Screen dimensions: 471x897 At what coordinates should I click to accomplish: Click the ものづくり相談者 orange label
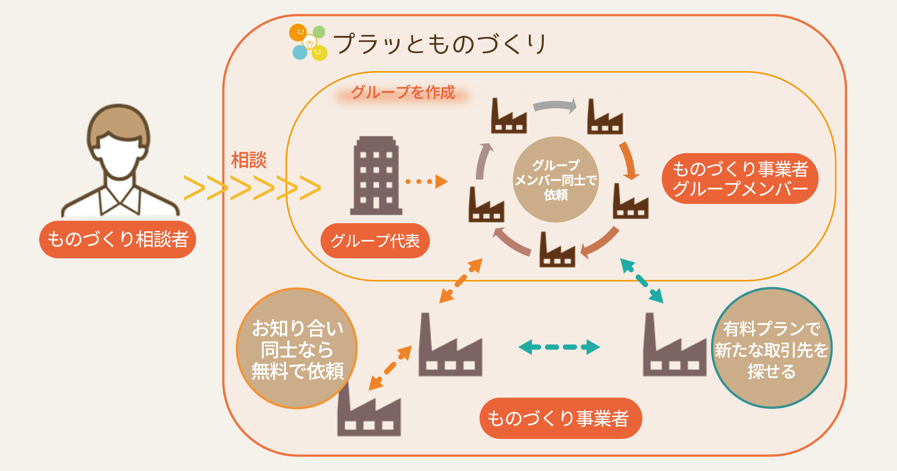point(117,239)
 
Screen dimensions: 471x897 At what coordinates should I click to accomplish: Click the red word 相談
point(249,160)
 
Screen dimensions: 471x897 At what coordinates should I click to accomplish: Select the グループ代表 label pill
point(375,241)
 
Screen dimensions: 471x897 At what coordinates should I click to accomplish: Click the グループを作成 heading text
point(403,92)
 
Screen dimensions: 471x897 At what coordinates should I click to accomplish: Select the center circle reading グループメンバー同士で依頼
point(556,180)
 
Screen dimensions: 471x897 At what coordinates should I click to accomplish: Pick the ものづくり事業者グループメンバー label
point(740,179)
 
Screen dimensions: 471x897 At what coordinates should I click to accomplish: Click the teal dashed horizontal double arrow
point(559,347)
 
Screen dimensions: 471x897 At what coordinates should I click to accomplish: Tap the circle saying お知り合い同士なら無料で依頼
point(297,348)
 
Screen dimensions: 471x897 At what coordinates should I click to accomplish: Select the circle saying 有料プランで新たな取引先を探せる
point(771,348)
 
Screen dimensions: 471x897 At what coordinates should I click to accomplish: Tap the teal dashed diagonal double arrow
point(642,281)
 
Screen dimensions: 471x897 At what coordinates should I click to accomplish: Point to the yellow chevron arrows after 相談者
point(252,188)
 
